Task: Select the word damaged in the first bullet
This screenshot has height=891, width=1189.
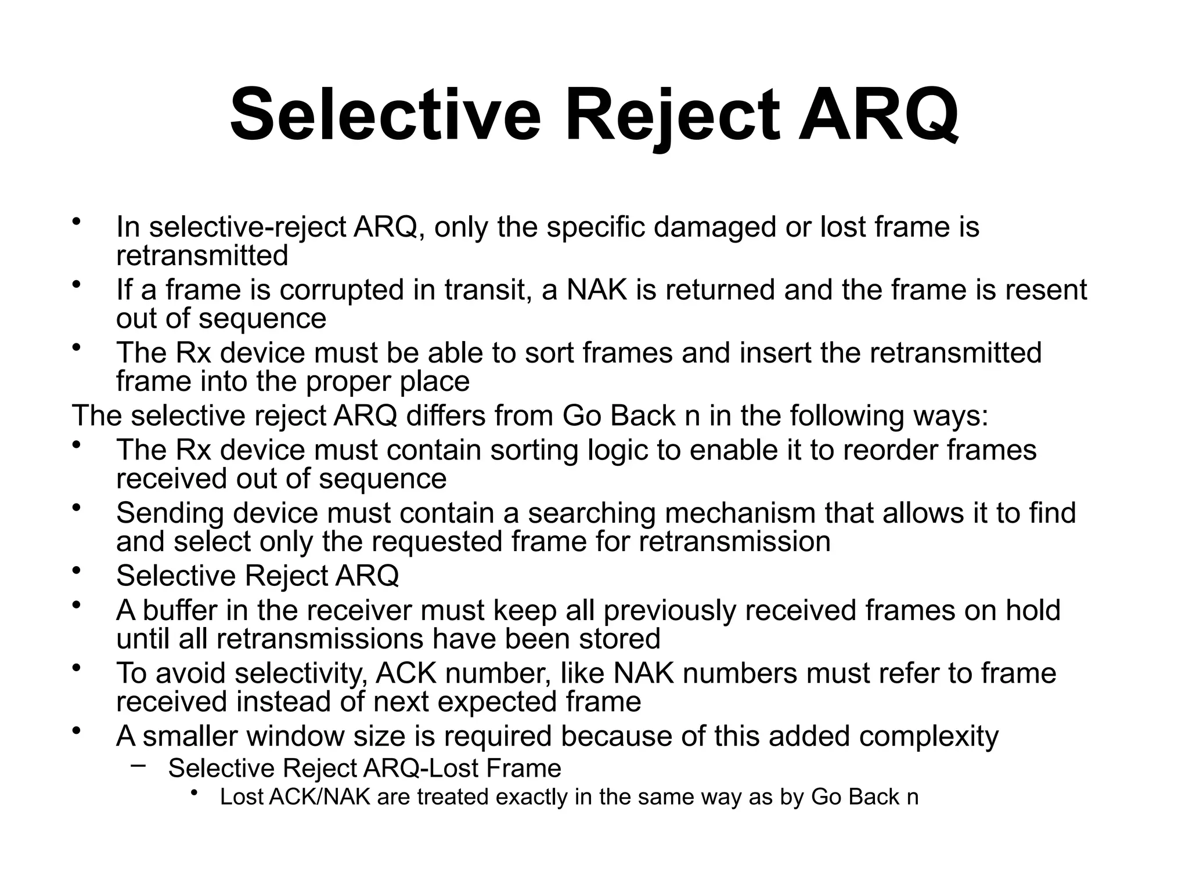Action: pyautogui.click(x=714, y=227)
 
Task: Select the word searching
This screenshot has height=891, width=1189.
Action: pyautogui.click(x=590, y=514)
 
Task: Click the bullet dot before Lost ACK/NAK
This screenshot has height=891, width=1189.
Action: pyautogui.click(x=194, y=792)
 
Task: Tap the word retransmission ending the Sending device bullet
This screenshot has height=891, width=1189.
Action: pyautogui.click(x=734, y=542)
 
